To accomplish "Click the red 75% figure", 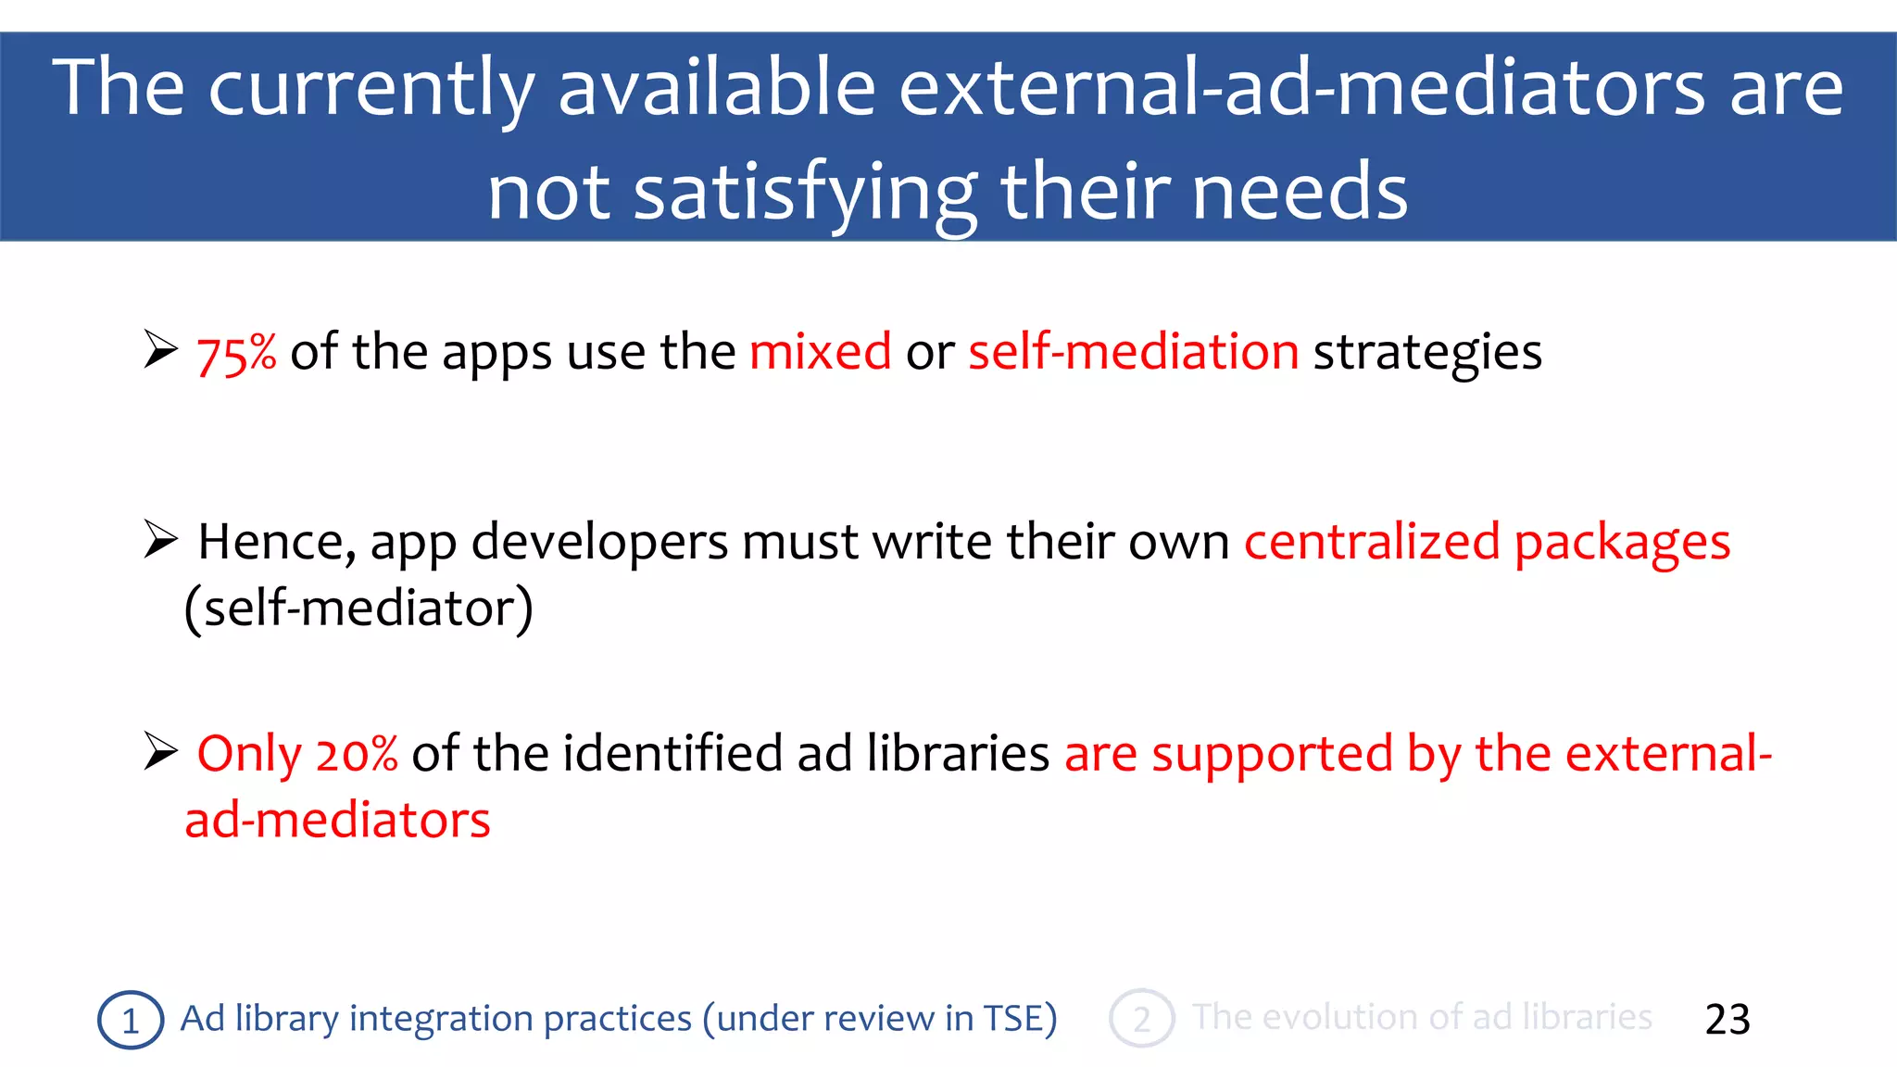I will (x=236, y=354).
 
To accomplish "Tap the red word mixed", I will (x=820, y=352).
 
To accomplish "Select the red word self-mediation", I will (x=1134, y=352).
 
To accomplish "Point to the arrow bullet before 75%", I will (x=160, y=350).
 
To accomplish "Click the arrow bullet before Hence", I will (x=160, y=540).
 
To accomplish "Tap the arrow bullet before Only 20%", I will (x=160, y=751).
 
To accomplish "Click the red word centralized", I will (x=1371, y=542).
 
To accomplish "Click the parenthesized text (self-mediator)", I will (x=358, y=609).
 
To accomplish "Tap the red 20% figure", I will (x=357, y=754).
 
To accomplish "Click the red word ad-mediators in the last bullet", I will (x=337, y=821).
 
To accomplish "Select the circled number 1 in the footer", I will (x=131, y=1020).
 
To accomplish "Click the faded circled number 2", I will (x=1141, y=1019).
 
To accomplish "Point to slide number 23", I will (x=1727, y=1020).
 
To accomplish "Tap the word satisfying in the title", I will (x=804, y=193).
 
